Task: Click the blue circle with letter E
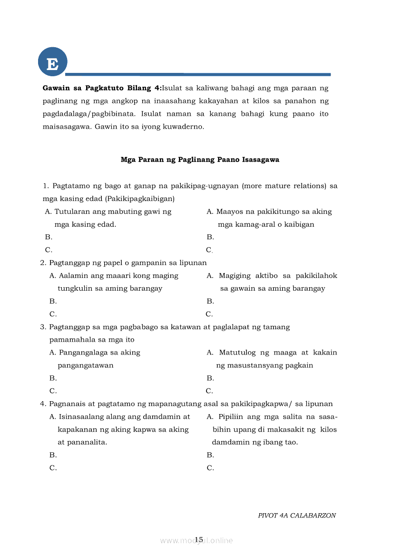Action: coord(52,62)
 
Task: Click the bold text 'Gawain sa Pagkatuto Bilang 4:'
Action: coord(102,88)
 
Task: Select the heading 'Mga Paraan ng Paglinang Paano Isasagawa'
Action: coord(200,160)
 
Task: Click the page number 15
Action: coord(199,539)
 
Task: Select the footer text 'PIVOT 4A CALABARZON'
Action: coord(297,516)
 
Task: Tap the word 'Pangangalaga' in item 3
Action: coord(82,353)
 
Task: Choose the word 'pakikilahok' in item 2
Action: coord(316,276)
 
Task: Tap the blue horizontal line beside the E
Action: coord(198,74)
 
